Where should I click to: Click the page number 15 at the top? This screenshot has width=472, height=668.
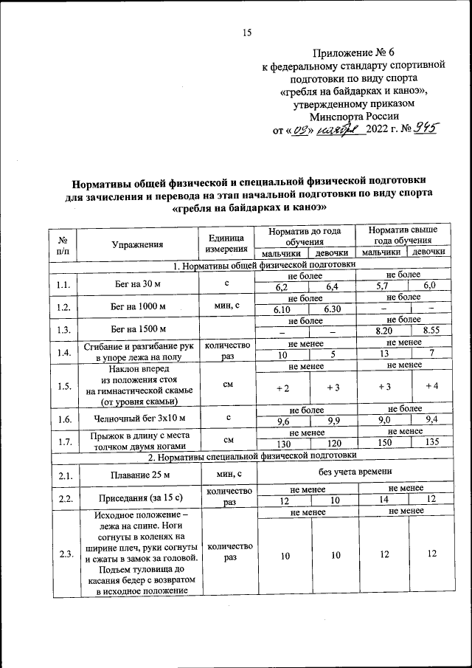coord(247,32)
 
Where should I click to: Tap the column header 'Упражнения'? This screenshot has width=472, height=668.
coord(137,243)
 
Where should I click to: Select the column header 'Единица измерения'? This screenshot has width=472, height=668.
coord(226,243)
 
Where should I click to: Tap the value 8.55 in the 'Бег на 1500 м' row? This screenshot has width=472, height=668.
coord(430,331)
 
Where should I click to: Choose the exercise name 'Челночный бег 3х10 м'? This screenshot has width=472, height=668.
coord(137,418)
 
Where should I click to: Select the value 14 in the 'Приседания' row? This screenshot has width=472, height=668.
coord(383,500)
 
